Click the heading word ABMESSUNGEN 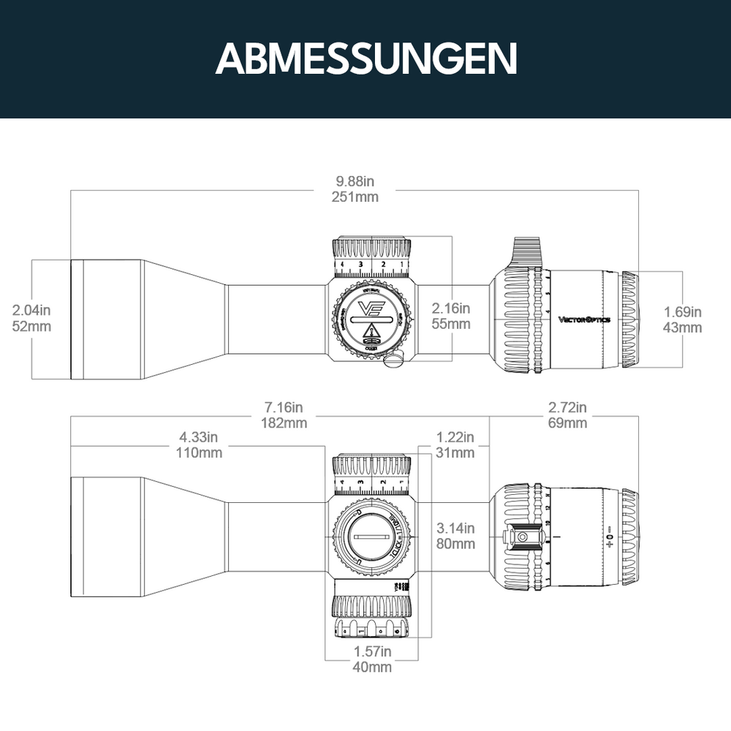(x=365, y=58)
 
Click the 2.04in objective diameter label (x=32, y=311)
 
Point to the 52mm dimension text (x=32, y=326)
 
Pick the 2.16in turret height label (x=450, y=308)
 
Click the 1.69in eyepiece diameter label (x=682, y=313)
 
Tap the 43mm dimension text (x=682, y=327)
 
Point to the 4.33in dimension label (x=199, y=438)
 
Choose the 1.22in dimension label (x=455, y=438)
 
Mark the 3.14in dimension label (x=455, y=529)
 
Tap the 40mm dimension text (x=371, y=667)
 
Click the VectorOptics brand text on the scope (x=584, y=319)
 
